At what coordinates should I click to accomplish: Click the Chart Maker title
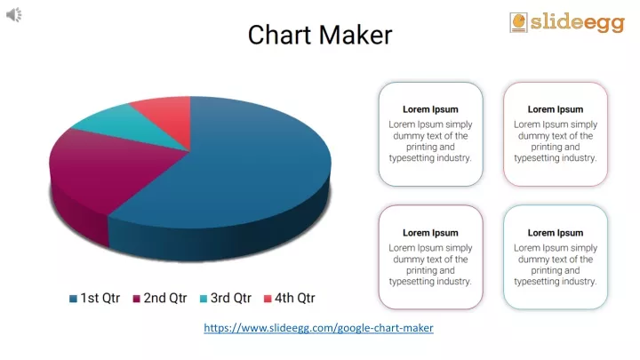tap(319, 35)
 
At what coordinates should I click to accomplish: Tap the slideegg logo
tap(566, 22)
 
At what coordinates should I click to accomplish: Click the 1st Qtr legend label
tap(100, 298)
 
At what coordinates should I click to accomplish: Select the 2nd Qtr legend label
tap(165, 298)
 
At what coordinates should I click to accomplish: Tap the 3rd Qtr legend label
tap(231, 298)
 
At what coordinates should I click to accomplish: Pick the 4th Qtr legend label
tap(294, 298)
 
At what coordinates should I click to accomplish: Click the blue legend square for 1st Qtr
tap(73, 299)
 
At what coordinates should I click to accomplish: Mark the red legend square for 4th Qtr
tap(267, 299)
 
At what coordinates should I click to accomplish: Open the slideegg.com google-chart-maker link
tap(318, 328)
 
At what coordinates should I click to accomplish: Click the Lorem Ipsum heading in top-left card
tap(430, 109)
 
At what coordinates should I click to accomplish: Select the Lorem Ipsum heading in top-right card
tap(556, 109)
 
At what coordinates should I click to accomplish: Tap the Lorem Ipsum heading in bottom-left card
tap(430, 233)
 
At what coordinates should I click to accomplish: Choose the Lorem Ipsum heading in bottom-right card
tap(556, 233)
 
